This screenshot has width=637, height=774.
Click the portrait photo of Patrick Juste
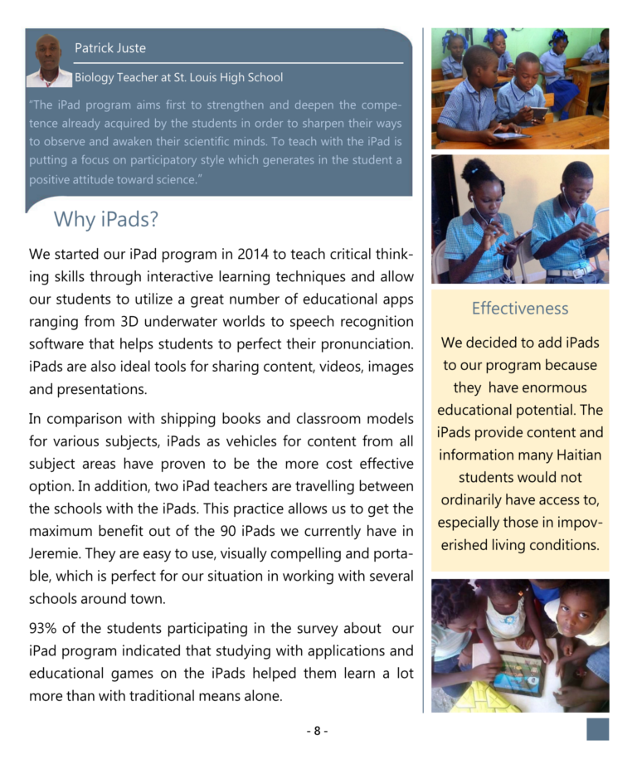click(48, 61)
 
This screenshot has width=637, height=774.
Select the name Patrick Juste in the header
click(110, 48)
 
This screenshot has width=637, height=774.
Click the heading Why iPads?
click(105, 220)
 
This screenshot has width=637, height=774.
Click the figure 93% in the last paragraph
click(45, 628)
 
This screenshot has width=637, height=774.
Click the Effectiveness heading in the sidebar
click(520, 309)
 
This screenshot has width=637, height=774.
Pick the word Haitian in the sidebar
click(573, 455)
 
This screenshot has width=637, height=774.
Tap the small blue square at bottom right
click(597, 729)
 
